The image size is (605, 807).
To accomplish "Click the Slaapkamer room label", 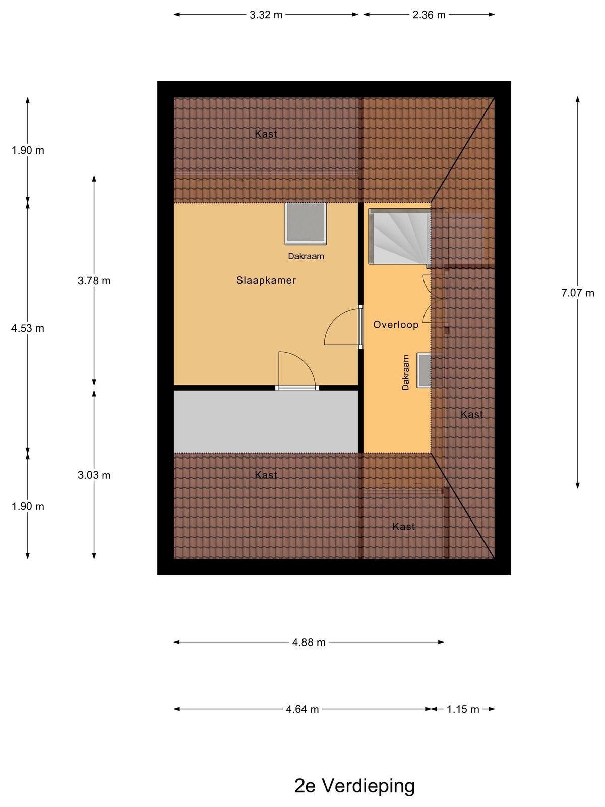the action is click(x=266, y=280).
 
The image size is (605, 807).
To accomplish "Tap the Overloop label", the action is click(x=396, y=325).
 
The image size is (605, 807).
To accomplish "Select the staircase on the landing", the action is click(x=400, y=236).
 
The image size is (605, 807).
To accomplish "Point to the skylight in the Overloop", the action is click(x=424, y=370).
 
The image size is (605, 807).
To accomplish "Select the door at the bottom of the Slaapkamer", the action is click(x=297, y=370).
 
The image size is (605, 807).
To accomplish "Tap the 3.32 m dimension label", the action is click(x=266, y=15).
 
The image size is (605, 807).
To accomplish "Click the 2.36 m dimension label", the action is click(x=429, y=15).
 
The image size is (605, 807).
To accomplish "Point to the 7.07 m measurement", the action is click(x=577, y=293).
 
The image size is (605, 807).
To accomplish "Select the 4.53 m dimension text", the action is click(x=28, y=328).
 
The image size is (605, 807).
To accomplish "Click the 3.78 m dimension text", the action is click(x=94, y=281).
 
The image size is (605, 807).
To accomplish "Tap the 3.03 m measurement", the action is click(x=94, y=475).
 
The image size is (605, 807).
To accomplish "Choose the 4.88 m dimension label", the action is click(x=309, y=642).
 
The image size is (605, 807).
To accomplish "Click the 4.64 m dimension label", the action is click(x=302, y=709).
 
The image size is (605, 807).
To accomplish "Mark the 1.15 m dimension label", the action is click(x=463, y=709).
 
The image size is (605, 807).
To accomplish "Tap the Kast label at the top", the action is click(x=266, y=134).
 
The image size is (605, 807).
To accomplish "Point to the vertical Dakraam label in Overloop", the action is click(x=405, y=372).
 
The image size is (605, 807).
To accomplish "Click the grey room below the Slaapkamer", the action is click(x=266, y=422).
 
